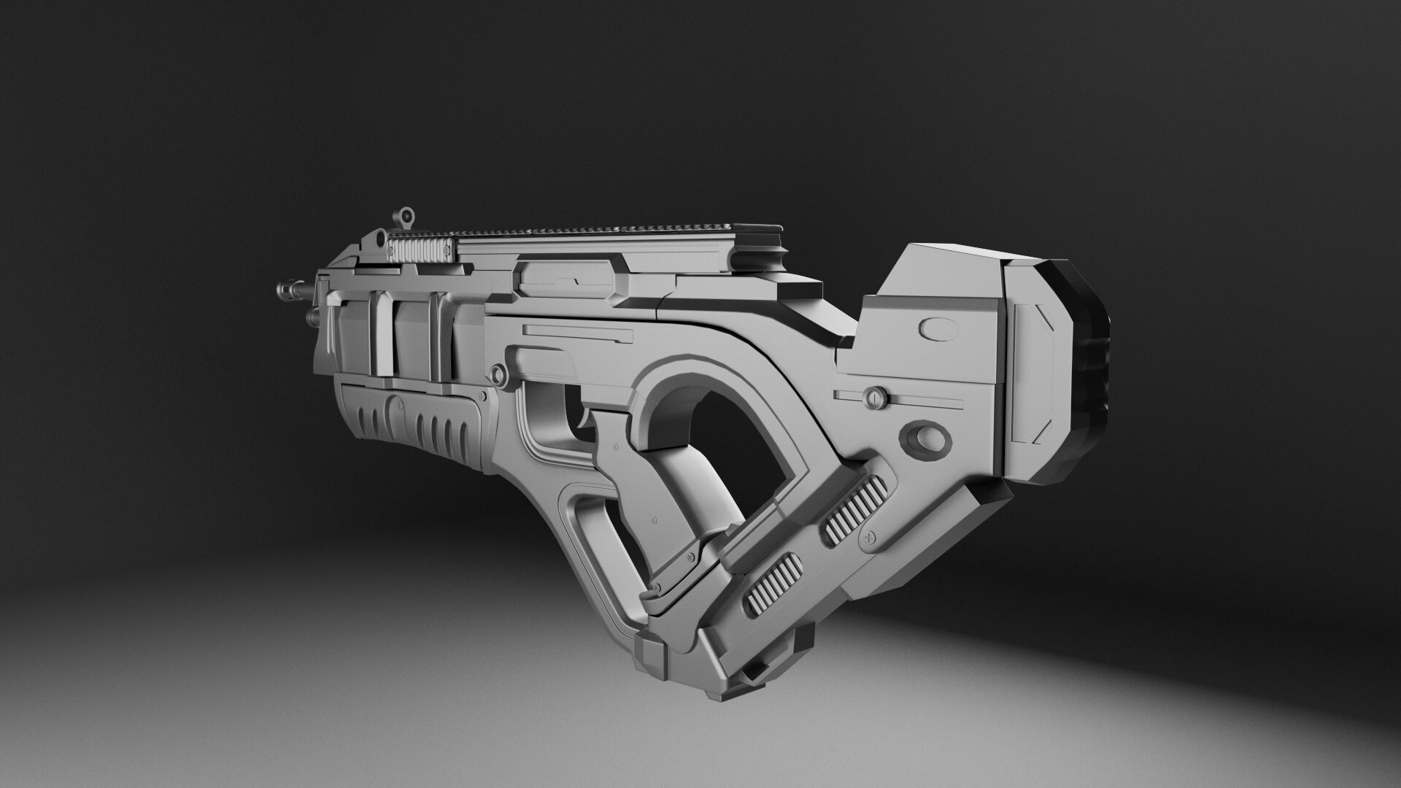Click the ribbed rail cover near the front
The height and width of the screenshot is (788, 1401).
422,250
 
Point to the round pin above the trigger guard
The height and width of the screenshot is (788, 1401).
498,374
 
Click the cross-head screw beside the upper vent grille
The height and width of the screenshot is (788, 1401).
869,537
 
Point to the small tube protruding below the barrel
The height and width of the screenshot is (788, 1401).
312,317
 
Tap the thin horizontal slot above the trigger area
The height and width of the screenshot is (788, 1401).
576,333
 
